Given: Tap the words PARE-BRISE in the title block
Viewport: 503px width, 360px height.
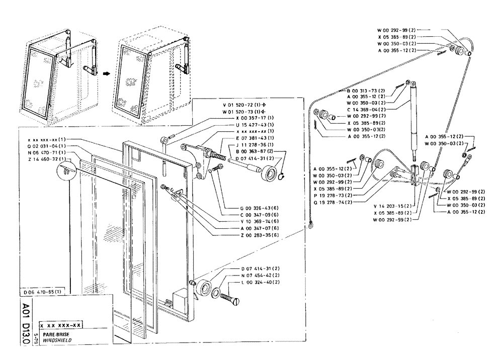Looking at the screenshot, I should tap(53, 334).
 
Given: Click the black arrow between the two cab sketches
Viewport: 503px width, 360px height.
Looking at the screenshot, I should tap(106, 73).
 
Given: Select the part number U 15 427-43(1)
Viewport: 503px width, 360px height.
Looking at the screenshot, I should tap(251, 124).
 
